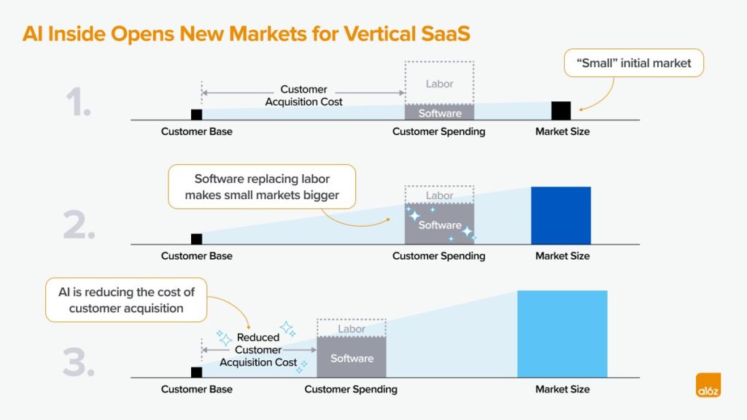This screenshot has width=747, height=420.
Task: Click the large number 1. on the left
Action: coord(78,103)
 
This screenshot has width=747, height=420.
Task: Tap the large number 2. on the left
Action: coord(79,226)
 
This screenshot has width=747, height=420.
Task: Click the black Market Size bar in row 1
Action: coord(560,111)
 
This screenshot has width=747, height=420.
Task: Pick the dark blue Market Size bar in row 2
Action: coord(560,215)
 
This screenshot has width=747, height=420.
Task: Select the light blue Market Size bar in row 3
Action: coord(562,333)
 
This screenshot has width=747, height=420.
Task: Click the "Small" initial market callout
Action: coord(635,63)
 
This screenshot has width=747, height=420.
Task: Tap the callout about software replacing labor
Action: coord(261,187)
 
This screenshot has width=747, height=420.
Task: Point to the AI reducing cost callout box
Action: coord(126,300)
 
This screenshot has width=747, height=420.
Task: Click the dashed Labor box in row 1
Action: coord(439,83)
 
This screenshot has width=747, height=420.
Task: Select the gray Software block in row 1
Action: coord(439,113)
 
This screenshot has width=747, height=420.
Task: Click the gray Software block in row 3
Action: coord(352,357)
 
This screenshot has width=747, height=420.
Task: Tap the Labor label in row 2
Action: coord(439,195)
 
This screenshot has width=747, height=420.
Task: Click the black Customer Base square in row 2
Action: coord(196,239)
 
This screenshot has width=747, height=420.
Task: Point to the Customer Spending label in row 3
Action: coord(351,389)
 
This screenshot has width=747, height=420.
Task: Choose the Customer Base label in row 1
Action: coord(196,132)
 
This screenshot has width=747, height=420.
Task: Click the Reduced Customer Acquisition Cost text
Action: coord(258,350)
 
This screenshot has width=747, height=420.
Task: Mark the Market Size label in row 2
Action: coord(562,256)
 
